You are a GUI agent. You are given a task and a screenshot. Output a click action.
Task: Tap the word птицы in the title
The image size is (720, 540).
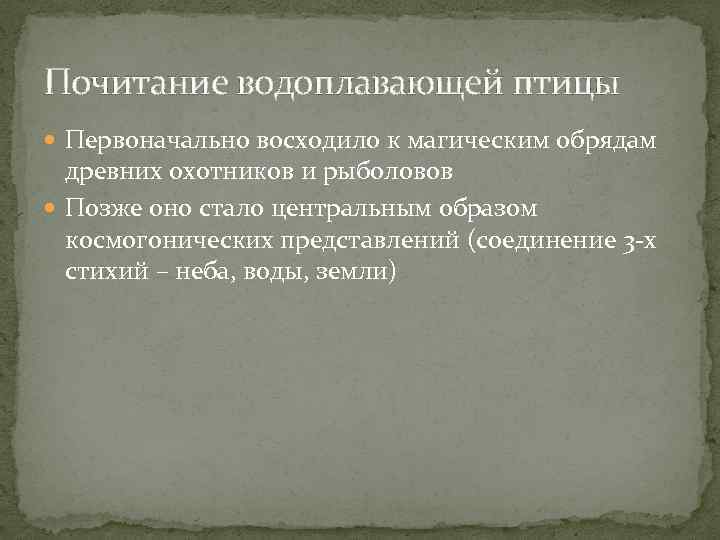click(x=567, y=82)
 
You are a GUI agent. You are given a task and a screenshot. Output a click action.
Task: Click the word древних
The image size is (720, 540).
click(x=111, y=172)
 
